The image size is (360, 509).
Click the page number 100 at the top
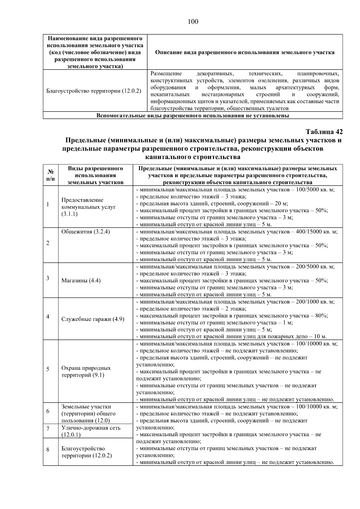(x=193, y=22)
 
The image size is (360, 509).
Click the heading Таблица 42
(x=324, y=132)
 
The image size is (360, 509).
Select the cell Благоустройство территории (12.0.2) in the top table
(x=94, y=91)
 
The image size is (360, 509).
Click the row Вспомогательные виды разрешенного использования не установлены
(x=193, y=116)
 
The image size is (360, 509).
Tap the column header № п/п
(x=51, y=175)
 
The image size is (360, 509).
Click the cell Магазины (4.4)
(x=81, y=280)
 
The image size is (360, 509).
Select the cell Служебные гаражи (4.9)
(x=93, y=319)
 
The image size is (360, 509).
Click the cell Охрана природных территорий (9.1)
(x=86, y=371)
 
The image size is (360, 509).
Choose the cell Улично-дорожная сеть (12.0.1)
(x=91, y=431)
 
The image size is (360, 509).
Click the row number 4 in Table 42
(x=48, y=316)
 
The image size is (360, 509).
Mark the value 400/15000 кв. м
(x=316, y=232)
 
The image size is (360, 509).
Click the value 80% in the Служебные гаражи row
(x=322, y=316)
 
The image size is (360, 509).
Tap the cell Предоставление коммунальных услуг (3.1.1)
(x=88, y=207)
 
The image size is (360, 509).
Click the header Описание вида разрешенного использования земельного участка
(x=244, y=52)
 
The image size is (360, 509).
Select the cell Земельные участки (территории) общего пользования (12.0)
(x=88, y=413)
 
